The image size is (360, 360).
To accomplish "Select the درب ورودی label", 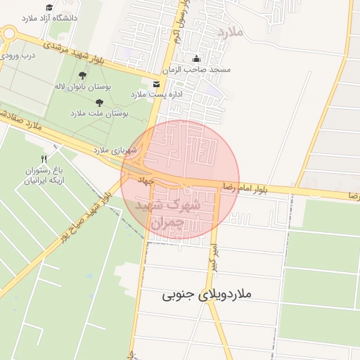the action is [16, 54].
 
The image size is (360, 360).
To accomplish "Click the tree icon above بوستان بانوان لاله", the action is [83, 75].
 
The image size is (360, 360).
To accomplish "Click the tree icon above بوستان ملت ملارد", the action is [99, 102].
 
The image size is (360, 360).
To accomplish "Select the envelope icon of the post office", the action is [155, 83].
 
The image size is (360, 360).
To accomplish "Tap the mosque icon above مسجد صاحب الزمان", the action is [195, 59].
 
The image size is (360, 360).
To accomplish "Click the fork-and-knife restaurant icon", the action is [44, 159].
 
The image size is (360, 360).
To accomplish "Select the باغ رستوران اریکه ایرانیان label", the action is [44, 176].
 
